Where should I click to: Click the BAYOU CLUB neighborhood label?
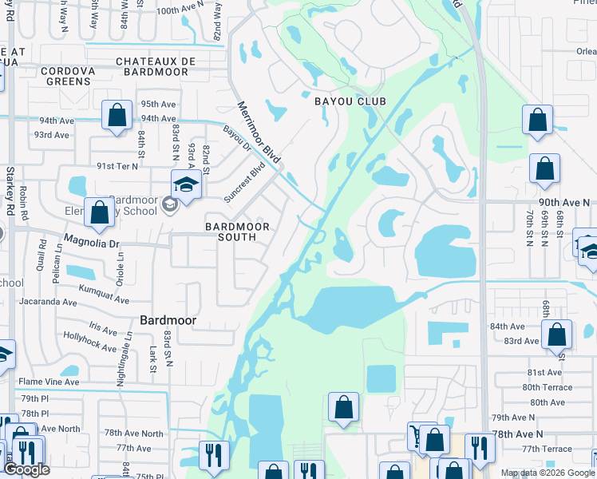[x=350, y=101]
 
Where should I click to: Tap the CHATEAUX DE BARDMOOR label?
[x=152, y=66]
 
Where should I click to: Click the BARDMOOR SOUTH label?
[x=236, y=232]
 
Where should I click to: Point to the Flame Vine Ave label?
[x=49, y=382]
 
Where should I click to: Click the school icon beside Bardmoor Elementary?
[x=186, y=184]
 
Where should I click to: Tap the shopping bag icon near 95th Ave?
[x=117, y=115]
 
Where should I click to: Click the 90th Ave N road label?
[x=559, y=203]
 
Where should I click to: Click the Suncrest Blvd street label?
[x=244, y=183]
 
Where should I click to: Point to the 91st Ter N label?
[x=117, y=166]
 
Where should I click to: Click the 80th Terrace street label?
[x=548, y=387]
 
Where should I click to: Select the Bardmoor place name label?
[x=168, y=320]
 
